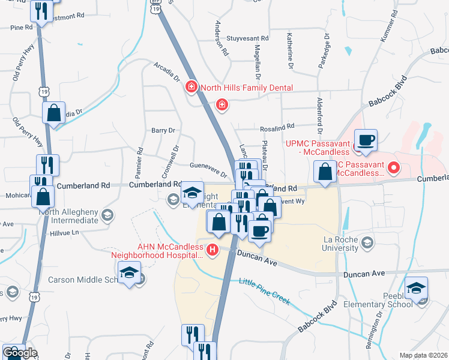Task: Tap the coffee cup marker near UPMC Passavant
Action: (365, 142)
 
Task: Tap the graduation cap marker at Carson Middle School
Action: (128, 274)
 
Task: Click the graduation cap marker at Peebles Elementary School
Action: (416, 289)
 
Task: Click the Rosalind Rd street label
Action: (277, 127)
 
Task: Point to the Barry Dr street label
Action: (163, 130)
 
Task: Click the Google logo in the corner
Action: (20, 353)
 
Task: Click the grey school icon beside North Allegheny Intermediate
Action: (107, 215)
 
